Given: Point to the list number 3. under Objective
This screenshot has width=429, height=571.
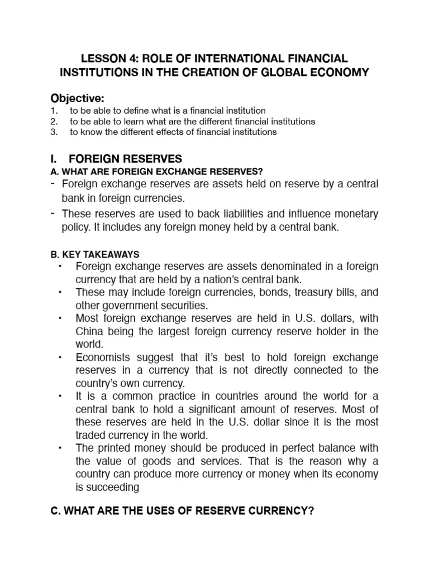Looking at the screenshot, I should pos(54,132).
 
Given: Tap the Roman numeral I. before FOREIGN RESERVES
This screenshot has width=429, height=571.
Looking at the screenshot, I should pos(55,159).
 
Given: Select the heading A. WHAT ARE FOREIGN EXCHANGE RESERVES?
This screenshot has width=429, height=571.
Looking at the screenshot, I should pos(156,171).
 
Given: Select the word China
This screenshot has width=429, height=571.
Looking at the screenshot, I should pos(89,331).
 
